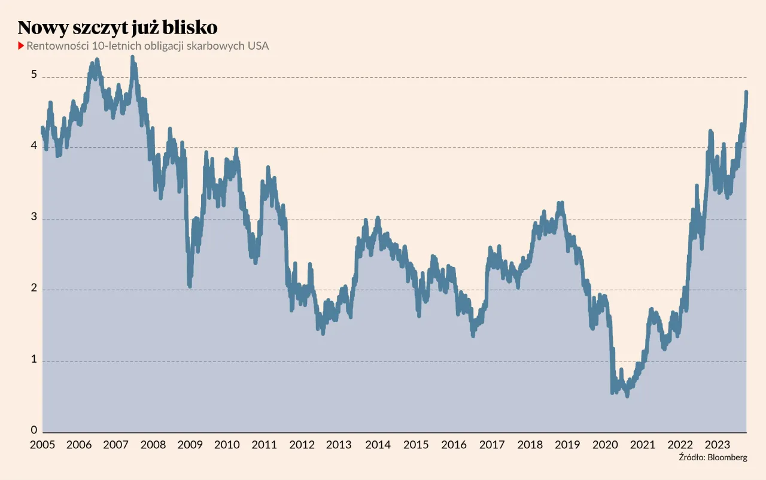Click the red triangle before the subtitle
click(x=22, y=46)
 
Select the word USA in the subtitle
click(x=258, y=46)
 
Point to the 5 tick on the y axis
click(x=34, y=75)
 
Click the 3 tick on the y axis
click(x=34, y=218)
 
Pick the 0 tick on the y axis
click(x=34, y=430)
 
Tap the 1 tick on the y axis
click(x=34, y=360)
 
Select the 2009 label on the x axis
click(x=190, y=445)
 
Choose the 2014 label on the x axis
click(x=378, y=445)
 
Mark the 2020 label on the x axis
click(x=604, y=445)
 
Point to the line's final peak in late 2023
click(x=746, y=92)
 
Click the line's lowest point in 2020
click(x=627, y=395)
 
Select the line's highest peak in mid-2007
click(x=132, y=57)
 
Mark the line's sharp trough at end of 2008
click(x=190, y=286)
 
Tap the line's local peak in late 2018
click(x=560, y=203)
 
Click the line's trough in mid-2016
click(x=473, y=335)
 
